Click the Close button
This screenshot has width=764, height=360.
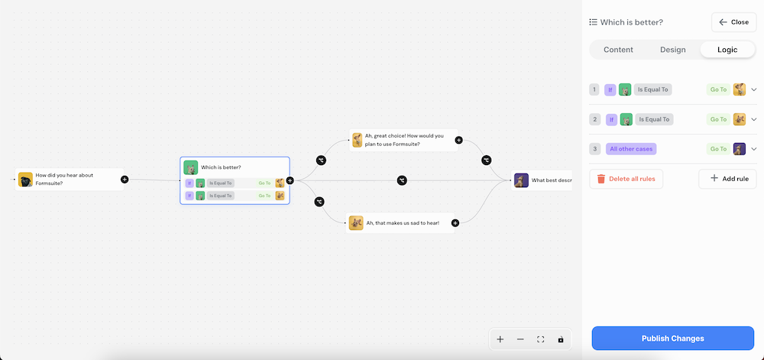tap(733, 22)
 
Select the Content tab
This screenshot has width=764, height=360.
tap(618, 50)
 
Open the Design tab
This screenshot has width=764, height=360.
tap(672, 50)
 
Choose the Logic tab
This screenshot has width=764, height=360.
tap(727, 50)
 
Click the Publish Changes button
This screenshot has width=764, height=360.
tap(672, 338)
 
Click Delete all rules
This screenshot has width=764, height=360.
tap(626, 179)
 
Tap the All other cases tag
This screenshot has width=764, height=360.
tap(631, 149)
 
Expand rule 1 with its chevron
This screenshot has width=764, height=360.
tap(753, 89)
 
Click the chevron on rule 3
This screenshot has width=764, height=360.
tap(753, 149)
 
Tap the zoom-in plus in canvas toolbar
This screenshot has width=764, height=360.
tap(500, 339)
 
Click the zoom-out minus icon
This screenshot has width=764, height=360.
tap(520, 339)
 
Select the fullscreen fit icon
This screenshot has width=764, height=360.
tap(541, 339)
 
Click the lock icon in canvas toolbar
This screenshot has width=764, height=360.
tap(561, 339)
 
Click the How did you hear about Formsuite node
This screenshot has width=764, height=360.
tap(69, 180)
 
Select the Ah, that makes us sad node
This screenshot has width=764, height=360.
tap(401, 223)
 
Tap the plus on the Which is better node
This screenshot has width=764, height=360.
tap(290, 181)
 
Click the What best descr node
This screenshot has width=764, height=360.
tap(542, 180)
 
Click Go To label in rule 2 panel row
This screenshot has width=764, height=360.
tap(718, 119)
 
